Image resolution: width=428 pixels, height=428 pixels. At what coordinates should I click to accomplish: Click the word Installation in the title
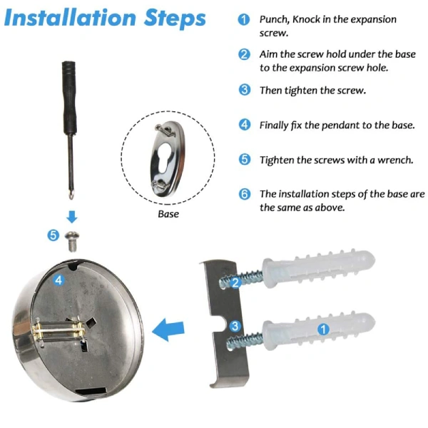[x=70, y=18]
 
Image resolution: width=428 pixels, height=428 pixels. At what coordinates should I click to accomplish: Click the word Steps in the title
[x=175, y=19]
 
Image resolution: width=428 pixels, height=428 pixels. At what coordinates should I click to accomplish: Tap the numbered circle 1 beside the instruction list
[x=244, y=19]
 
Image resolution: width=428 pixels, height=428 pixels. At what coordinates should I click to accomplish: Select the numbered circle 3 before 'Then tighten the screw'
[x=244, y=90]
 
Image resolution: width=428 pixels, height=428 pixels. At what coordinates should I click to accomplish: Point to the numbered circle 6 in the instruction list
[x=245, y=194]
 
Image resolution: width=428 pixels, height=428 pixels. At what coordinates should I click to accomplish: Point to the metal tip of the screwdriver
[x=71, y=194]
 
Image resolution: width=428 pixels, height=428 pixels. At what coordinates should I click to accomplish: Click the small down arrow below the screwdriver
[x=72, y=217]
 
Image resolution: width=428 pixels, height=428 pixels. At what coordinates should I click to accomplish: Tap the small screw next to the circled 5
[x=72, y=241]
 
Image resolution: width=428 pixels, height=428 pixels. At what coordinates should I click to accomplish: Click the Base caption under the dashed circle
[x=168, y=214]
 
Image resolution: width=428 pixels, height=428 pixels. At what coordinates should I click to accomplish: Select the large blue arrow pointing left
[x=168, y=330]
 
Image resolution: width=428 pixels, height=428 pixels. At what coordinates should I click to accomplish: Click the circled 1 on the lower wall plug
[x=323, y=329]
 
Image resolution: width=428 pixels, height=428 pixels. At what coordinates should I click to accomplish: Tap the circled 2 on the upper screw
[x=235, y=282]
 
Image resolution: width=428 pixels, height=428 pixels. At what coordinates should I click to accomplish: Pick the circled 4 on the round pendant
[x=58, y=280]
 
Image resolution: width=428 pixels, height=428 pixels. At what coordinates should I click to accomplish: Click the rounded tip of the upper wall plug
[x=369, y=260]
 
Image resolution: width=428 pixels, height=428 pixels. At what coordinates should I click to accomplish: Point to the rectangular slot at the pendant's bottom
[x=91, y=391]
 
